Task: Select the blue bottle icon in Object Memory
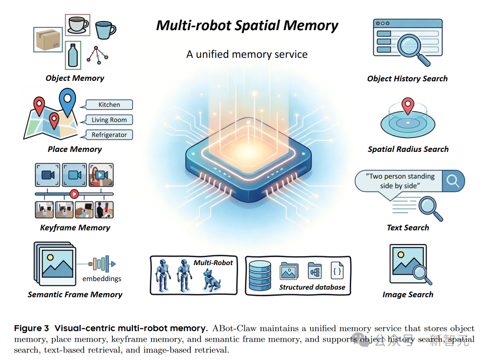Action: click(73, 55)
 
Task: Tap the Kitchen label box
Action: click(109, 105)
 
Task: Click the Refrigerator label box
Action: click(109, 135)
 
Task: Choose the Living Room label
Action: click(109, 120)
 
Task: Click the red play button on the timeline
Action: click(75, 194)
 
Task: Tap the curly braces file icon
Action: click(337, 271)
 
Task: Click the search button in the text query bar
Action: click(453, 181)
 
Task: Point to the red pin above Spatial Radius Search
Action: click(407, 106)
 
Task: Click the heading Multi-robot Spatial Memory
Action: click(247, 26)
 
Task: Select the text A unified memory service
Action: click(247, 55)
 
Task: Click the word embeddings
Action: click(101, 279)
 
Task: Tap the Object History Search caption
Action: click(407, 79)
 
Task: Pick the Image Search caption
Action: click(408, 295)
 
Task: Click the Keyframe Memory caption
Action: click(75, 228)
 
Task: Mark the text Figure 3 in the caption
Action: click(31, 328)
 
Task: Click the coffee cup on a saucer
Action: click(78, 25)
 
